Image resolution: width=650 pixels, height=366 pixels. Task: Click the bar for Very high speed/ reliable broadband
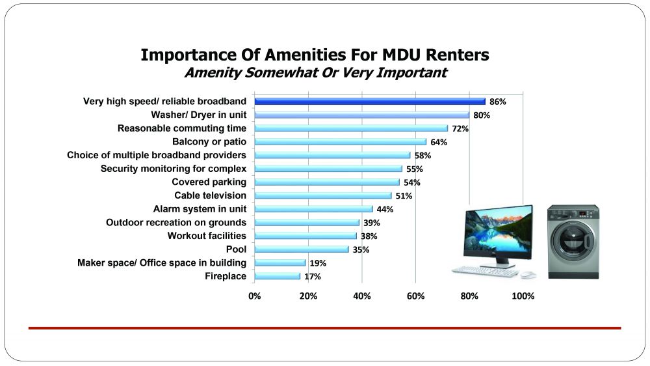[x=370, y=102]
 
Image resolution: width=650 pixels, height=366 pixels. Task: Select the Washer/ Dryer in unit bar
[x=361, y=115]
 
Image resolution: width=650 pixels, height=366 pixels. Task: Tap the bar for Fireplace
[x=278, y=276]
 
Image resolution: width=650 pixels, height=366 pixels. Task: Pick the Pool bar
[x=302, y=249]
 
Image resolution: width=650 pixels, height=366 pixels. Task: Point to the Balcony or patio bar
[x=341, y=142]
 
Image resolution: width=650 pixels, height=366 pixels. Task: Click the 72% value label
[x=460, y=129]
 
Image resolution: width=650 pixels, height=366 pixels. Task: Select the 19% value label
[x=318, y=263]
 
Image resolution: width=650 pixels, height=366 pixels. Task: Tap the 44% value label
[x=385, y=209]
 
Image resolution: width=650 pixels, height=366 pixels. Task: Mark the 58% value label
[x=422, y=156]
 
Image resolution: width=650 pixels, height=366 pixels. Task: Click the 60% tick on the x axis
[x=415, y=296]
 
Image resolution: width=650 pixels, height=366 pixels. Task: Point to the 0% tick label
[x=255, y=296]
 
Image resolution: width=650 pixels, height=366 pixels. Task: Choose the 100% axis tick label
[x=523, y=296]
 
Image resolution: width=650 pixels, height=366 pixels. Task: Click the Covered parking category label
[x=209, y=182]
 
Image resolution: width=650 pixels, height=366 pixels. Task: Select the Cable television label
[x=210, y=195]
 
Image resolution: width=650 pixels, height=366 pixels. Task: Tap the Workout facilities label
[x=207, y=236]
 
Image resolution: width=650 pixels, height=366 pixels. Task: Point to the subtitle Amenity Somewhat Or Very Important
[x=315, y=72]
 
